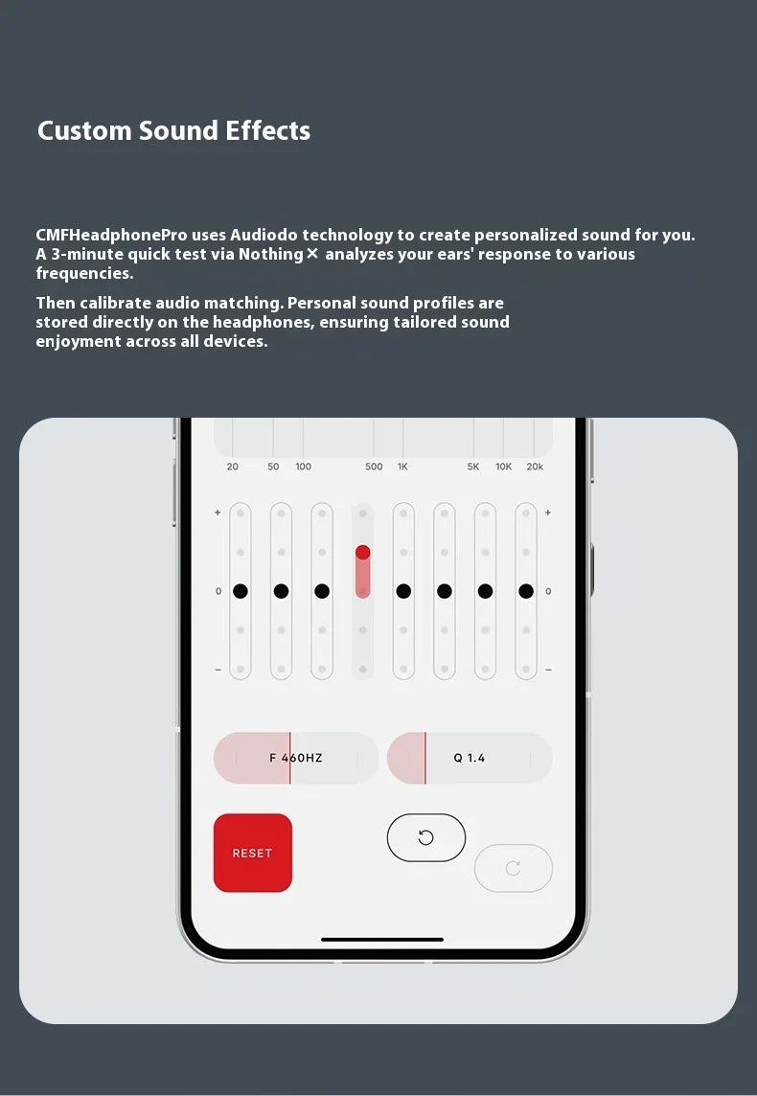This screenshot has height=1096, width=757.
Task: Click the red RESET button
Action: coord(252,853)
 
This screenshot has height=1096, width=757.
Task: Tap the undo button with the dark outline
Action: coord(425,837)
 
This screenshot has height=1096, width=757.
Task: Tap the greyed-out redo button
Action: coord(513,868)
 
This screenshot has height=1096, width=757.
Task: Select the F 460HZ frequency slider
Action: coord(295,758)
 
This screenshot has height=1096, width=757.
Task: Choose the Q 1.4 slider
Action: coord(469,758)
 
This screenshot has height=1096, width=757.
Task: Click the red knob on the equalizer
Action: coord(362,553)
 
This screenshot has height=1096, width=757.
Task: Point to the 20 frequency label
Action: coord(233,467)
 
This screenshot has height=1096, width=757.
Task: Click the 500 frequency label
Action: coord(374,467)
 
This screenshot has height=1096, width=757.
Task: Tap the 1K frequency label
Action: coord(402,467)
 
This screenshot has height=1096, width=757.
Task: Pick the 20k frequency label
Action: coord(535,467)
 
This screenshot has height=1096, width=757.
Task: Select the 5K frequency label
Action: coord(473,467)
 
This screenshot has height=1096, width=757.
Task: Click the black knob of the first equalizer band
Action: coord(241,591)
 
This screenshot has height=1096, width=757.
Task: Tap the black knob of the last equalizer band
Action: coord(526,591)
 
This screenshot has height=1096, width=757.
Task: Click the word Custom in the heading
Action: coord(84,131)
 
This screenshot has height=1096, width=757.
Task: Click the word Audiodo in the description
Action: coord(264,235)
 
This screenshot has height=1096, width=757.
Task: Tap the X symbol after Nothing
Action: coord(311,254)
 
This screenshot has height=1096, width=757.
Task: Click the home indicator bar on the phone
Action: coord(382,939)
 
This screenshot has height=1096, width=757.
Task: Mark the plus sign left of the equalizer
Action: coord(218,513)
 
